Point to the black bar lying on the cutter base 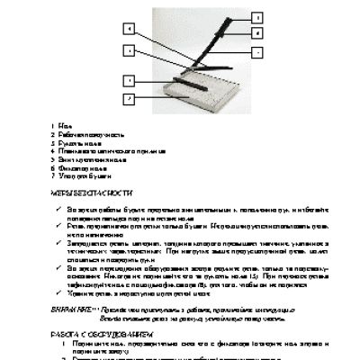pyautogui.click(x=184, y=87)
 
